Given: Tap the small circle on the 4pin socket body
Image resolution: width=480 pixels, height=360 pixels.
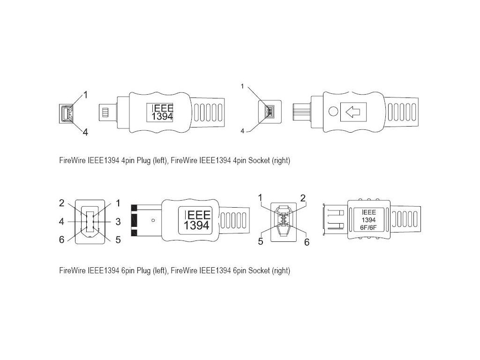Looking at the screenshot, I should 333,112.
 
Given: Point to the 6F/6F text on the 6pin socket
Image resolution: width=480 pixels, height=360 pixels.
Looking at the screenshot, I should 367,228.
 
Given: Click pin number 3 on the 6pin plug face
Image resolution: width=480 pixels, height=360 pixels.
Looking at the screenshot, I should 118,221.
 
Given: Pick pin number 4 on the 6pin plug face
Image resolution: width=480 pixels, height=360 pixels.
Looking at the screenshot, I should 61,221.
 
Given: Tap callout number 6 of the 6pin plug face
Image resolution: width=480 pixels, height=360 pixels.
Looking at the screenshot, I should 61,239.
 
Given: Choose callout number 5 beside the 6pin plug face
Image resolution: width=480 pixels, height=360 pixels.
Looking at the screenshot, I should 118,239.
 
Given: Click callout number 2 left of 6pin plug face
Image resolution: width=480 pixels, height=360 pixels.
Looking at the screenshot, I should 61,203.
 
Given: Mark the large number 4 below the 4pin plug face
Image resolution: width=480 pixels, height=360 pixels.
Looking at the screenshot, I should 85,132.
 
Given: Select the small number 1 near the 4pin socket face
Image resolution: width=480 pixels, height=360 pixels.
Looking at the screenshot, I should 242,86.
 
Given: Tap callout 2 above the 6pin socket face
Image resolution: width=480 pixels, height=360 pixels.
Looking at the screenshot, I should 303,198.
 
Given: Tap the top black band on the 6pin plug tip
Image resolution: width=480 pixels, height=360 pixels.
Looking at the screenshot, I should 134,207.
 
